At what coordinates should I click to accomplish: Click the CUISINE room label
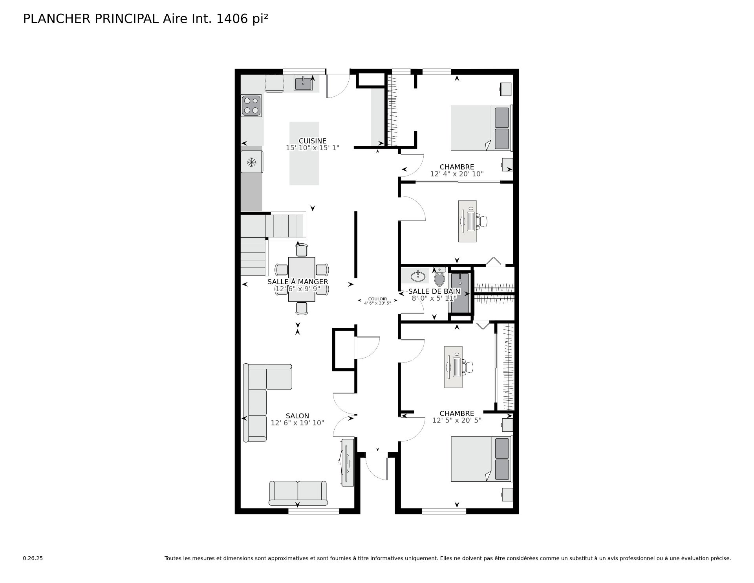click(312, 141)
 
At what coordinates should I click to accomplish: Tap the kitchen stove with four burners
click(251, 106)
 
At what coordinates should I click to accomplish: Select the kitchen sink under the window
click(303, 83)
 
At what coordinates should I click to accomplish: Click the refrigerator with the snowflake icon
click(252, 162)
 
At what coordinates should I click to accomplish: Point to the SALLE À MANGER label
click(298, 282)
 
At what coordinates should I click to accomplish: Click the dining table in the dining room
click(302, 279)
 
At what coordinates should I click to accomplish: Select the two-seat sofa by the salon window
click(298, 492)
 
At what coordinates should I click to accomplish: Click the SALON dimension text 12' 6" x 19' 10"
click(297, 423)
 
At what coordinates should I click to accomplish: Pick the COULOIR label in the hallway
click(377, 299)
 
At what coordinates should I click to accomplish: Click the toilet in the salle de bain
click(439, 278)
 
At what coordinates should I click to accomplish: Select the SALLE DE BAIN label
click(434, 291)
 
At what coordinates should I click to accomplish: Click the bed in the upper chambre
click(481, 128)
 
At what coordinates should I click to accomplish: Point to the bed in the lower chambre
click(481, 459)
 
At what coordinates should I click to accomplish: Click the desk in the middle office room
click(467, 221)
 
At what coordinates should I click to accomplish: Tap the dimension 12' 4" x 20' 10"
click(457, 174)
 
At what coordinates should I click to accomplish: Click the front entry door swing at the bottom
click(376, 467)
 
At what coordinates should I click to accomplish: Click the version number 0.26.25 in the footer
click(33, 558)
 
